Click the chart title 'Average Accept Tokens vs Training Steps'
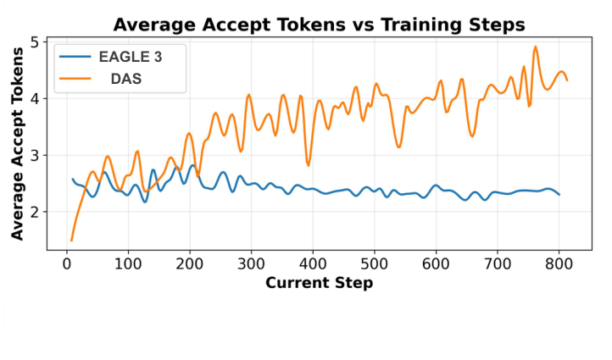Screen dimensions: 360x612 point(319,25)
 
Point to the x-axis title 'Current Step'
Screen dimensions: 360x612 point(319,283)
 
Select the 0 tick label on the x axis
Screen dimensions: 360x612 point(67,265)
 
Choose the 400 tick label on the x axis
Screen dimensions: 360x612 point(313,265)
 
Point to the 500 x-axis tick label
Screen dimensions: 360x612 point(374,265)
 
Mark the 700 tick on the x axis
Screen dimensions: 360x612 point(497,265)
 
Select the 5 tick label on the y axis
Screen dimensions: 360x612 point(32,42)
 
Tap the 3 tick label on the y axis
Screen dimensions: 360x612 point(32,155)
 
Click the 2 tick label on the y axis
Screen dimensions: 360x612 point(32,212)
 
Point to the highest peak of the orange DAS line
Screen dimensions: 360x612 point(536,47)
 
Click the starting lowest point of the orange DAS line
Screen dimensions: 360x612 point(71,241)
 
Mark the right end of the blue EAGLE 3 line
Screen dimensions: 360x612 point(559,195)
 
